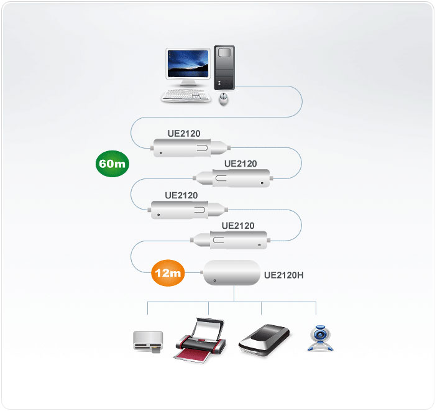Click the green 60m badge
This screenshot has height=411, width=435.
pos(112,164)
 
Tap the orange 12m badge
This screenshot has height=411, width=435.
pos(168,273)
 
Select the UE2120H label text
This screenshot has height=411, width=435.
pos(283,275)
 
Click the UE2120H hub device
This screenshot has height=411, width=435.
pos(232,272)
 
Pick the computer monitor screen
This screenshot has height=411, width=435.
pos(188,64)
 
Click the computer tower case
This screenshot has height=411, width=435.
pos(224,68)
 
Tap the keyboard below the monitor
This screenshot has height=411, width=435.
pos(186,96)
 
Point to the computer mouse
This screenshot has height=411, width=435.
pos(223,99)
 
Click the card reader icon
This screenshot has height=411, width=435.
pos(148,342)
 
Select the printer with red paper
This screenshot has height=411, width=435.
pos(201,340)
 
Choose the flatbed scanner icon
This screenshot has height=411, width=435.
pos(264,340)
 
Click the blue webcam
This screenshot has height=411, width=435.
pos(321,338)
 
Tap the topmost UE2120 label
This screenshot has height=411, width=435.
pos(184,134)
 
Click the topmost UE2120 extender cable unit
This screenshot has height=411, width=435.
pos(191,147)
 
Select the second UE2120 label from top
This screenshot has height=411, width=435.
pos(240,164)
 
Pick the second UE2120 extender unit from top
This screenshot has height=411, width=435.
pos(233,178)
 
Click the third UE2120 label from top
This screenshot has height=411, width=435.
pos(181,195)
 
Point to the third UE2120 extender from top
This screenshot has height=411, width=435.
pos(188,210)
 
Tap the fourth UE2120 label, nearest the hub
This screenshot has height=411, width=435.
pos(238,226)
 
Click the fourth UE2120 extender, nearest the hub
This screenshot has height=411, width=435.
pos(231,240)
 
